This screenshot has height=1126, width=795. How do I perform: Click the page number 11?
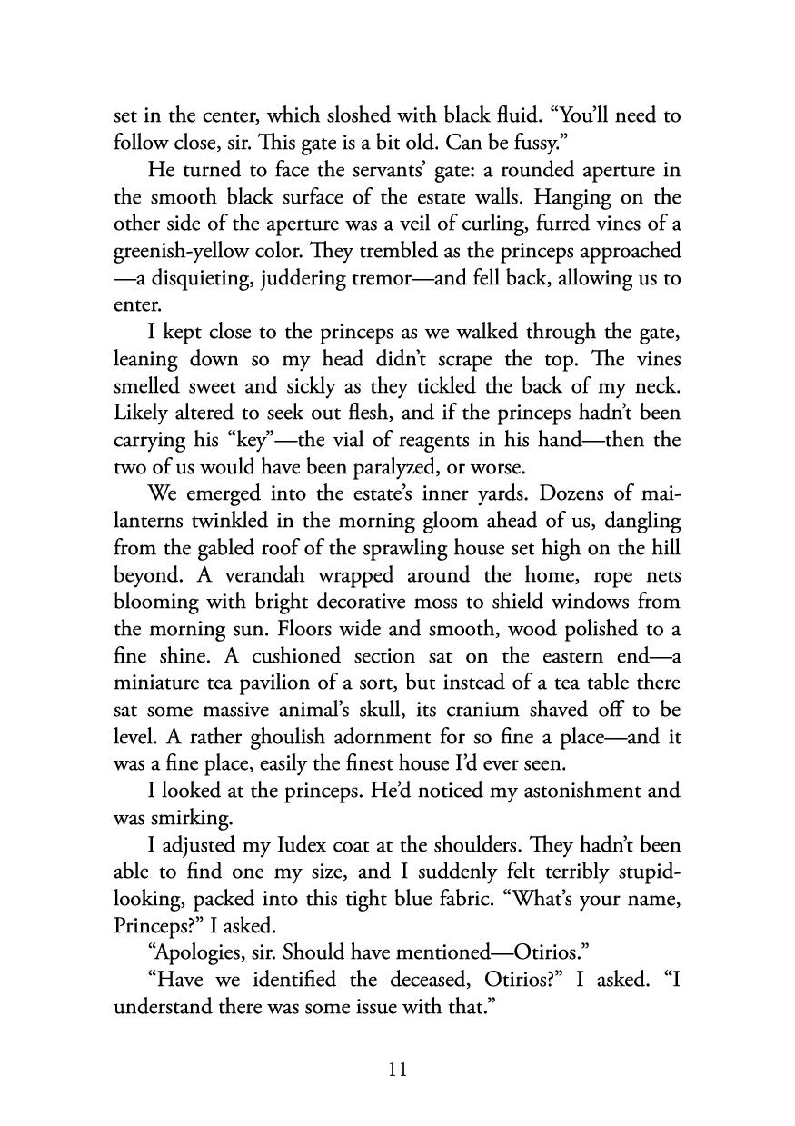click(x=397, y=1070)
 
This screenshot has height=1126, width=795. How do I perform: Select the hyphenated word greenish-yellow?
click(x=179, y=251)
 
